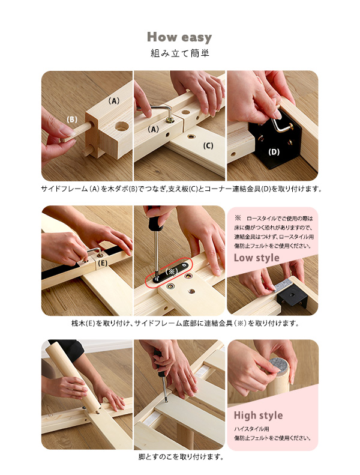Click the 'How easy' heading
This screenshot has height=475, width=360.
tap(179, 37)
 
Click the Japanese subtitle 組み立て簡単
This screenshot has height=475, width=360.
tap(180, 53)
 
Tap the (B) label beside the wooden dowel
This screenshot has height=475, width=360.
tap(72, 120)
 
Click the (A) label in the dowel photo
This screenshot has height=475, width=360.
tap(114, 101)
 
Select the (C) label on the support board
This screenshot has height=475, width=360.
tap(208, 146)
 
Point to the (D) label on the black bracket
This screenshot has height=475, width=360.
tap(274, 152)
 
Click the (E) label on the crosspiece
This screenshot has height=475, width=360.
tap(103, 263)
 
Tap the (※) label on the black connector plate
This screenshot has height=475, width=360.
tap(172, 271)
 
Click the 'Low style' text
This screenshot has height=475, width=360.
tap(256, 258)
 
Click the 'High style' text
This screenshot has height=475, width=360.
tap(258, 416)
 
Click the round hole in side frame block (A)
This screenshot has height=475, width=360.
tap(122, 126)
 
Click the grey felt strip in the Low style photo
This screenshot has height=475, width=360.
tap(282, 286)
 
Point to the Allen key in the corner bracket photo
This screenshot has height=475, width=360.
tap(281, 126)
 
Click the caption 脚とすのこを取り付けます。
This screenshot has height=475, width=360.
tap(181, 456)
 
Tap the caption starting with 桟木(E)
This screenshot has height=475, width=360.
tap(185, 323)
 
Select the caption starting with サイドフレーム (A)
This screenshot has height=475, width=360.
tap(181, 189)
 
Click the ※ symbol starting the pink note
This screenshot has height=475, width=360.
tap(238, 218)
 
